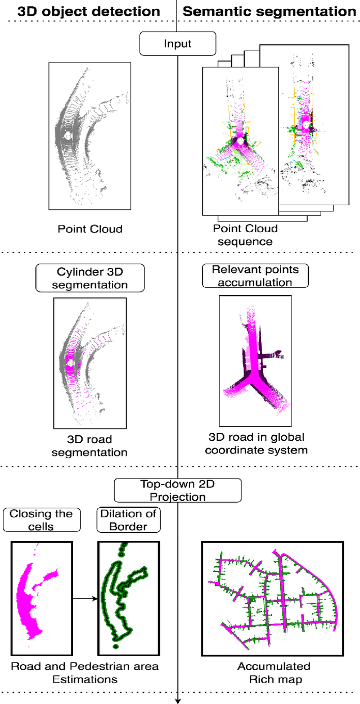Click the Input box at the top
coord(178,43)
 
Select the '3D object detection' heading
coord(89,11)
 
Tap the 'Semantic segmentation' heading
coord(270,11)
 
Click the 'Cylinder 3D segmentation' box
coord(90,278)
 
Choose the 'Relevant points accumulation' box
coord(255,276)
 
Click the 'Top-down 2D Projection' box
coord(178,490)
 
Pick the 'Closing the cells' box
coord(41,520)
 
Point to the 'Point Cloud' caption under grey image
coord(89,229)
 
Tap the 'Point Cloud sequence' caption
coord(245,235)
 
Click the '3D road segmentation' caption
coord(89,446)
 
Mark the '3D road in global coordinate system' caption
coord(255,444)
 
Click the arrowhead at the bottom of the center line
coord(178,700)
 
